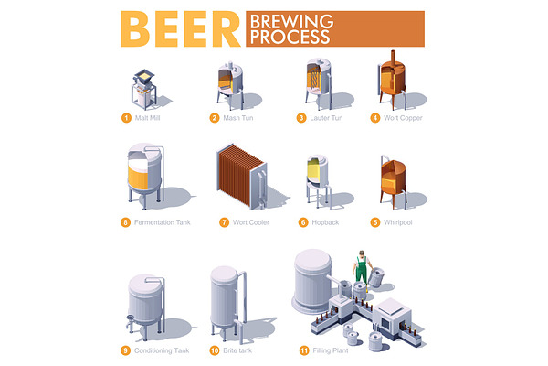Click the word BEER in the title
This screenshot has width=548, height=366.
coord(181,29)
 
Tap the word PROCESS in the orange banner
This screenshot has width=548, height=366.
coord(290,37)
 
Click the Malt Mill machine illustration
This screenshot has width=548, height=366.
coord(143,90)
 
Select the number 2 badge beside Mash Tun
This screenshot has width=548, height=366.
coord(215,118)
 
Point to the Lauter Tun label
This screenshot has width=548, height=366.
coord(326,118)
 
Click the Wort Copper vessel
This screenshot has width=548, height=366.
coord(392,80)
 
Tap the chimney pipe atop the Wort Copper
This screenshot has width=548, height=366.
coord(393,57)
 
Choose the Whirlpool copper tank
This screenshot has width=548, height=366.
coord(393,182)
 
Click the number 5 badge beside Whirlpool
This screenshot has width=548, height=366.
coord(375,222)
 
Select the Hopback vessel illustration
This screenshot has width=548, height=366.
coord(318,180)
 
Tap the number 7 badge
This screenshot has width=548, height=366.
coord(224,222)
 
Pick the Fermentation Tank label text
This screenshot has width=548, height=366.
coord(163,222)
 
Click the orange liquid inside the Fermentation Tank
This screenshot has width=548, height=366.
coord(138,177)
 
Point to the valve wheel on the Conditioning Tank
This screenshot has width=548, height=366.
coord(131,318)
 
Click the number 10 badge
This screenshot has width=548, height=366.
coord(215,350)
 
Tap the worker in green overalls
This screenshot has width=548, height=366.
coord(362,269)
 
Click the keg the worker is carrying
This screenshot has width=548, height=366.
coord(376,277)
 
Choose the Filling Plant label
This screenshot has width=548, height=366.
coord(331,350)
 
